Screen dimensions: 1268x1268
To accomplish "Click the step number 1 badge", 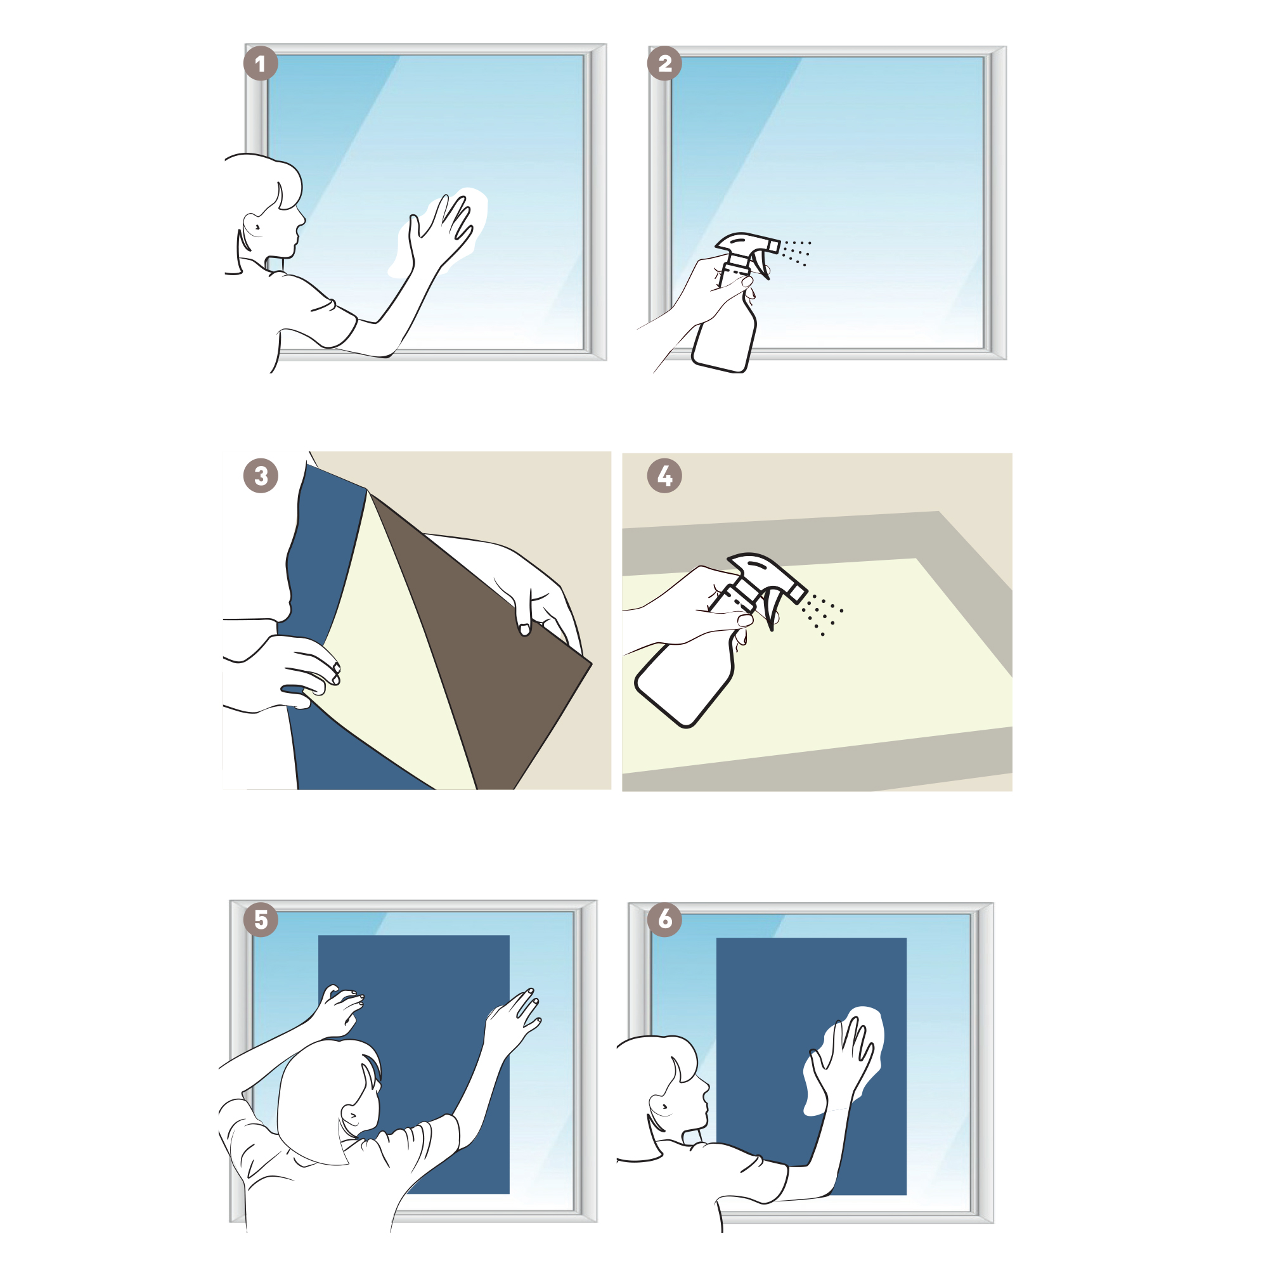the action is click(x=261, y=63).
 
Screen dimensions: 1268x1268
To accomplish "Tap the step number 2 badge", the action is click(x=665, y=63).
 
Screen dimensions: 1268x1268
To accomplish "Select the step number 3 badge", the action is click(x=261, y=476).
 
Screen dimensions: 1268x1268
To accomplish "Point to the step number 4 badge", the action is click(x=665, y=476).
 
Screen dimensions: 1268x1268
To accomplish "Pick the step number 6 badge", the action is click(x=665, y=919).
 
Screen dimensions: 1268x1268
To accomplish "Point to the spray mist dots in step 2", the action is click(x=796, y=253).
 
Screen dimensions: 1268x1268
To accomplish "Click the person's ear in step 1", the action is click(x=254, y=225).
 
